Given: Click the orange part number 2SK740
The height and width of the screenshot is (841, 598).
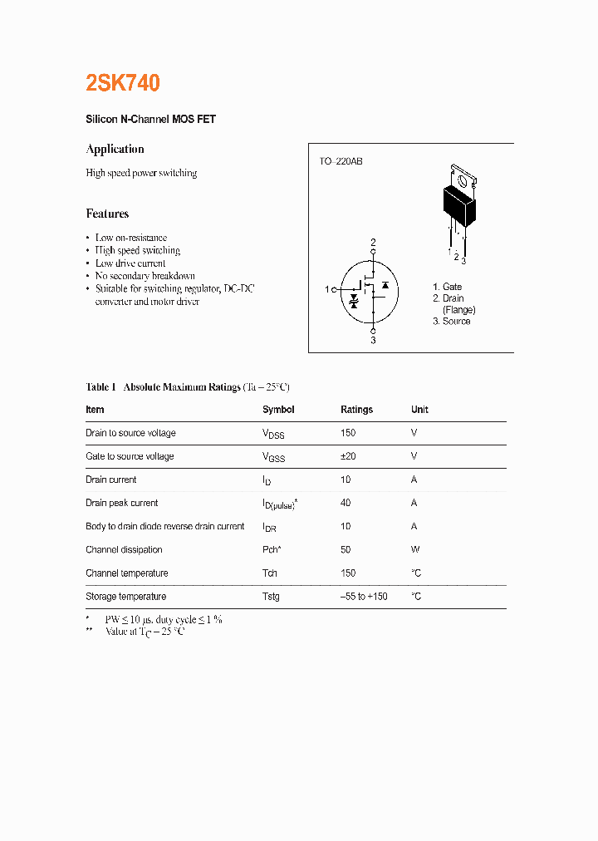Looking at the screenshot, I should pos(123,83).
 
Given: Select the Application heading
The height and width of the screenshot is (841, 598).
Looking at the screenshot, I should pos(115,150).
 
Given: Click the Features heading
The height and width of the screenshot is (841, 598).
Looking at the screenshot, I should pos(107,214).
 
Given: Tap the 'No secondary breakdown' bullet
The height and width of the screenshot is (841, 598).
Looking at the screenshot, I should pos(145,276).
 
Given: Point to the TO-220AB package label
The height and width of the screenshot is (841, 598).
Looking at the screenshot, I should pos(341,161).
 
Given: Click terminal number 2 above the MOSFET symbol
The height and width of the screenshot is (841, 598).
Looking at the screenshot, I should pos(373,243).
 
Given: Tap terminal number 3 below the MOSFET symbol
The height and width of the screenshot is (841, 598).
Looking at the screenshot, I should pos(373,340).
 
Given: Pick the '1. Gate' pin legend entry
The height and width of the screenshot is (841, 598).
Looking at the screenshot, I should pos(447,287).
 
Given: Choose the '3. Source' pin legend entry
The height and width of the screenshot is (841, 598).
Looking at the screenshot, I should pos(451,322).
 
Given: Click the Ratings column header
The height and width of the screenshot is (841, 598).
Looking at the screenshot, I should pos(356,410).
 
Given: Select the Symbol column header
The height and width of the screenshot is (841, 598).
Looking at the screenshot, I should pos(278,410).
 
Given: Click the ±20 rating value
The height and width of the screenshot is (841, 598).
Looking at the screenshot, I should pos(349,456).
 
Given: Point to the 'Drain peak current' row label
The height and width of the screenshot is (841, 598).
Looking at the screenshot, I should pos(121,503).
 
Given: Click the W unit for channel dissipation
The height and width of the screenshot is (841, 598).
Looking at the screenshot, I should pos(415,549).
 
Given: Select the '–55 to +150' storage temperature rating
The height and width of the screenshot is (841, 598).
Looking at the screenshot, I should pos(364,597).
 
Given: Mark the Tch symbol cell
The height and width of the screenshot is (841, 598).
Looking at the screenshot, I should pos(270,573).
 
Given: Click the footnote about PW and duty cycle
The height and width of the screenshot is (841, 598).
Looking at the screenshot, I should pos(163,620).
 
